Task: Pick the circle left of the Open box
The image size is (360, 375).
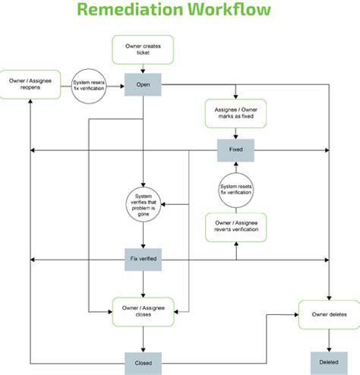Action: click(87, 86)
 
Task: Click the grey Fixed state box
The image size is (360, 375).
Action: click(235, 150)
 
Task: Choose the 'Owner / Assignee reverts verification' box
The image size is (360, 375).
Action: click(235, 226)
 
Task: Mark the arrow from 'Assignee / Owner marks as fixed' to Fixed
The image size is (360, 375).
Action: click(235, 134)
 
